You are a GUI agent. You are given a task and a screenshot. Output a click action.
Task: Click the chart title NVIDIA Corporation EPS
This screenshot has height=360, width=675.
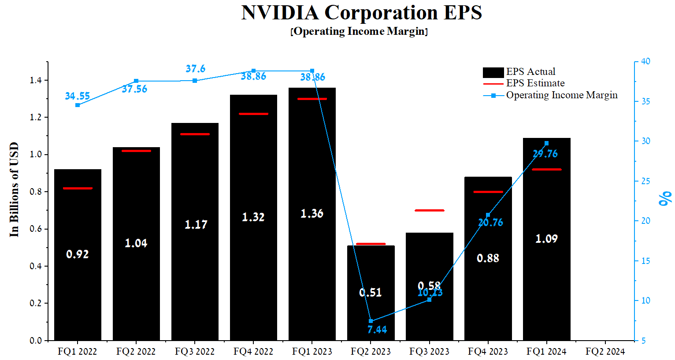coord(361,12)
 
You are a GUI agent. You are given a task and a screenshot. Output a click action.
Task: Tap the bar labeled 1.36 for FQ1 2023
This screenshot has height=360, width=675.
coord(312,213)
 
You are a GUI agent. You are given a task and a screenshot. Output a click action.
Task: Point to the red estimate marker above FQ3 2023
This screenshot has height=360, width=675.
coord(430,210)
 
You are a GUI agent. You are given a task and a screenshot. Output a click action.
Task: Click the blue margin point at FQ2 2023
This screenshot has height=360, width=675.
coord(371,321)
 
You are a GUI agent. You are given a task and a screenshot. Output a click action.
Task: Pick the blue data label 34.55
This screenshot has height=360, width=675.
coord(78,96)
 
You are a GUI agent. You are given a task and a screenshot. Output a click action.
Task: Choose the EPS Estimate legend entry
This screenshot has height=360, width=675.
coord(535,83)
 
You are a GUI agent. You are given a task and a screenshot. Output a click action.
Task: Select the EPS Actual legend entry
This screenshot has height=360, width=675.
coord(530,72)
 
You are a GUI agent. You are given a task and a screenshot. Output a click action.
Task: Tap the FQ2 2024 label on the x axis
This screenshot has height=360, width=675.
coord(605,352)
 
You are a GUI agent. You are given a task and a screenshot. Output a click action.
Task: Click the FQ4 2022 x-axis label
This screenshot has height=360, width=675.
coord(253,352)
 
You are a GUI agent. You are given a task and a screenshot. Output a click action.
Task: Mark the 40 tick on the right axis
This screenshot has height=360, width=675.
coord(645,61)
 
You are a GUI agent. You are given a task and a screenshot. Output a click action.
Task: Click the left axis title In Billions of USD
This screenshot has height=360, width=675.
coord(14,189)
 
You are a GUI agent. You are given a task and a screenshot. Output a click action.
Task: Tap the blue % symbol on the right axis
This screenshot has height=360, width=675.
coord(665,198)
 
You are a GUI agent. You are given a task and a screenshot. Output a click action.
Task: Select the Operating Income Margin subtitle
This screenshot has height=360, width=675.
coord(359,32)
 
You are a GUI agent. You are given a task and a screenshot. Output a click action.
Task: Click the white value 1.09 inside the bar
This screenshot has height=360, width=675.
coord(546,239)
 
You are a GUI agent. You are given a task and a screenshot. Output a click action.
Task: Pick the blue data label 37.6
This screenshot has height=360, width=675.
coord(195,69)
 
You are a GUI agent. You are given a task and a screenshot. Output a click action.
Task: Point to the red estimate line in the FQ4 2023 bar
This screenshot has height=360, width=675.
coord(488,192)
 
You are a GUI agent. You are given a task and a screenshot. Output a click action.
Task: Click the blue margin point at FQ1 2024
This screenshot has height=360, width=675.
coord(546,143)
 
